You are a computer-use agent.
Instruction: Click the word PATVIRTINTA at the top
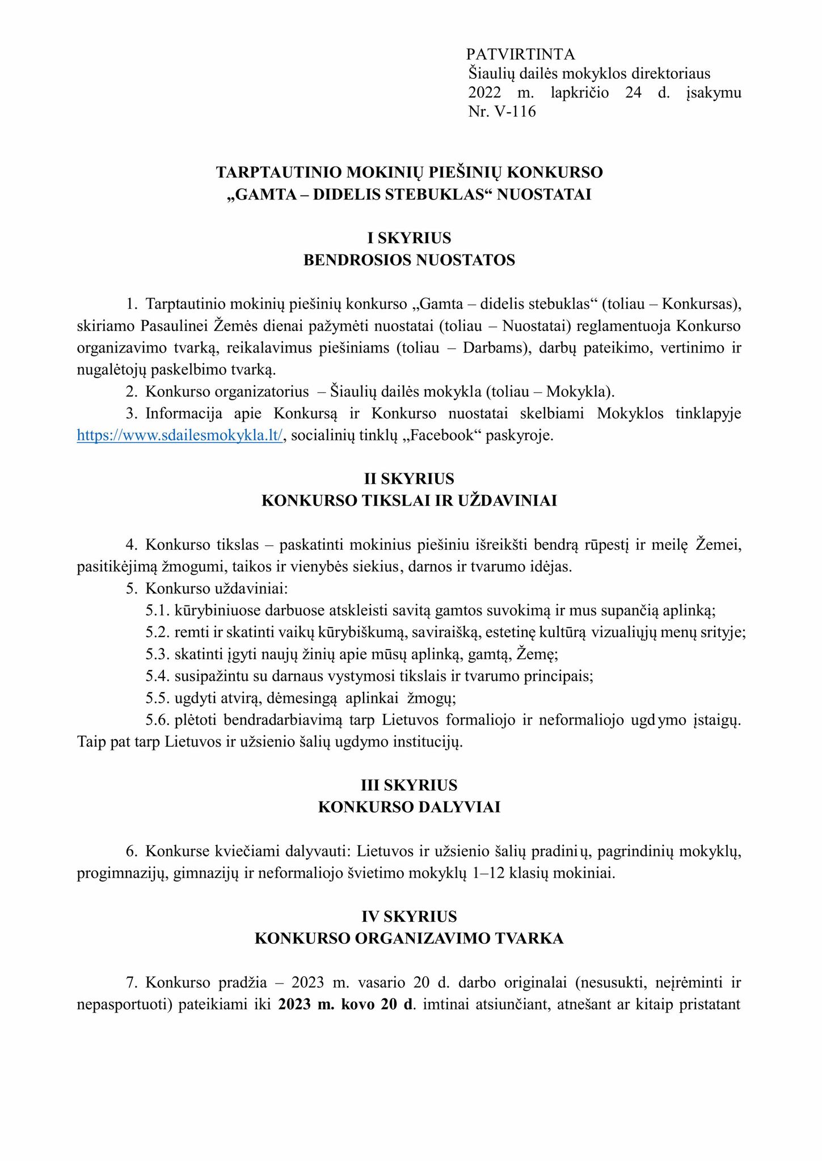point(520,54)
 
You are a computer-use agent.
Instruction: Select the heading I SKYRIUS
point(409,238)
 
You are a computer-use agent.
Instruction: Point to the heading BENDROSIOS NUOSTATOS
point(409,260)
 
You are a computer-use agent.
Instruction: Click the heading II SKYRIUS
point(409,479)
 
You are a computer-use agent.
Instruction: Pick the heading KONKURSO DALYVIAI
point(409,807)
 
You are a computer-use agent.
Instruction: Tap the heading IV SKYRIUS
point(409,917)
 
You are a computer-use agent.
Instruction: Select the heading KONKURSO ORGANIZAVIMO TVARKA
point(409,939)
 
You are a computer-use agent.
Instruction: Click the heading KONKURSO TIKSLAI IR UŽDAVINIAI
point(409,501)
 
